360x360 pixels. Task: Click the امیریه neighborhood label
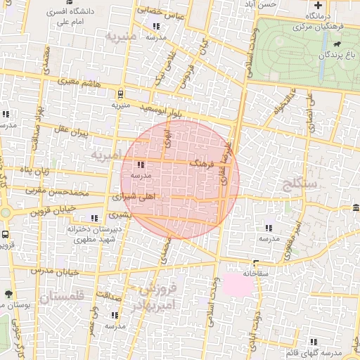pyautogui.click(x=106, y=153)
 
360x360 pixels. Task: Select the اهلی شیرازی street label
pyautogui.click(x=137, y=198)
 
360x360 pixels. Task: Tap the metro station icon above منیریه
pyautogui.click(x=120, y=93)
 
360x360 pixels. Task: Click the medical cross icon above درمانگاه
pyautogui.click(x=319, y=5)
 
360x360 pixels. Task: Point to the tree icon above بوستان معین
pyautogui.click(x=8, y=294)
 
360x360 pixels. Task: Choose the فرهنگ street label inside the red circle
pyautogui.click(x=202, y=162)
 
